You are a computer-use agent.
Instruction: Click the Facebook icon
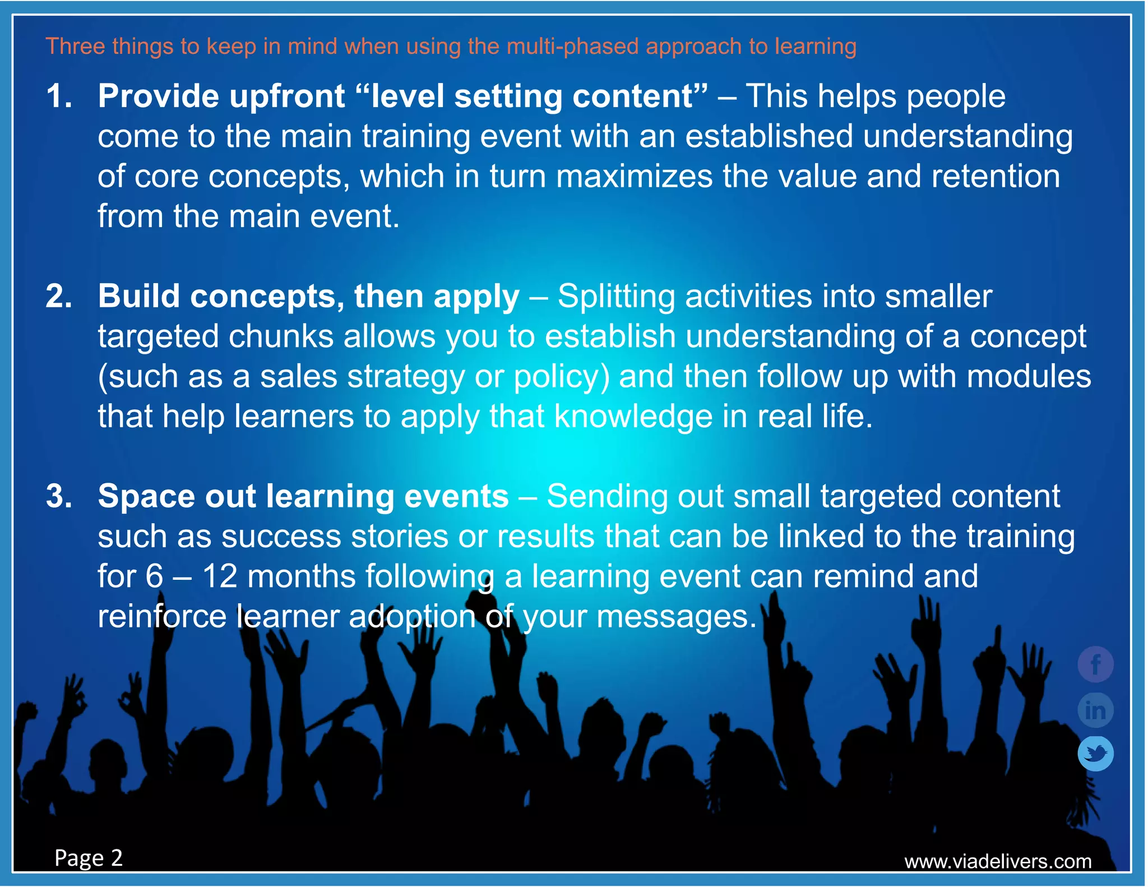point(1095,664)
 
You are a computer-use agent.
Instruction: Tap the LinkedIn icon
point(1095,710)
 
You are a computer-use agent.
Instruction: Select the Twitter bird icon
point(1095,754)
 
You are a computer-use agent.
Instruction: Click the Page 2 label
point(89,858)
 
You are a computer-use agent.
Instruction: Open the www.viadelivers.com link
point(998,861)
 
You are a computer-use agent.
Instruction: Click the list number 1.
point(58,96)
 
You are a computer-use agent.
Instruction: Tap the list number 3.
point(58,496)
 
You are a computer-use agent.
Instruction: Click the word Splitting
point(616,297)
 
